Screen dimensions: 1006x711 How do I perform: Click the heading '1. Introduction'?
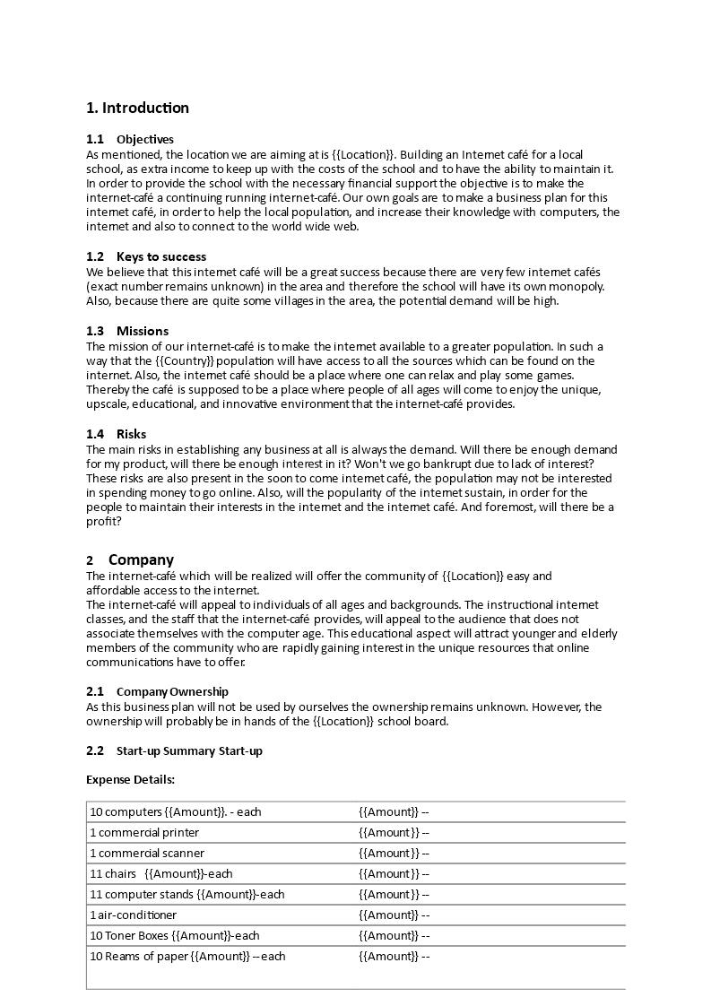click(137, 108)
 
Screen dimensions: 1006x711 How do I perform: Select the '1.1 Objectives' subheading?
click(130, 139)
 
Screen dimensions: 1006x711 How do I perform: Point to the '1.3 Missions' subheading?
click(127, 331)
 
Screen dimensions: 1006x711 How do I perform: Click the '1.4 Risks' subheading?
click(117, 434)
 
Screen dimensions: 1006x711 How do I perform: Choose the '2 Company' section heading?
click(130, 560)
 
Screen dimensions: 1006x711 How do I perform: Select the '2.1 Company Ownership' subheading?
click(157, 691)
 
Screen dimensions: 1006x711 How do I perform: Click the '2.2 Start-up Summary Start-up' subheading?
click(174, 750)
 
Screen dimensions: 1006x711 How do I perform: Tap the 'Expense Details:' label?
click(130, 779)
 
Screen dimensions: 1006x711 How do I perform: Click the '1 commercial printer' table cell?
click(144, 833)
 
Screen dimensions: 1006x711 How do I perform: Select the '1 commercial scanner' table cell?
click(146, 854)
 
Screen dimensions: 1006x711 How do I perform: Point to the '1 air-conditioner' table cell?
click(133, 915)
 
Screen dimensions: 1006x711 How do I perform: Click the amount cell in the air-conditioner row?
click(395, 915)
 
